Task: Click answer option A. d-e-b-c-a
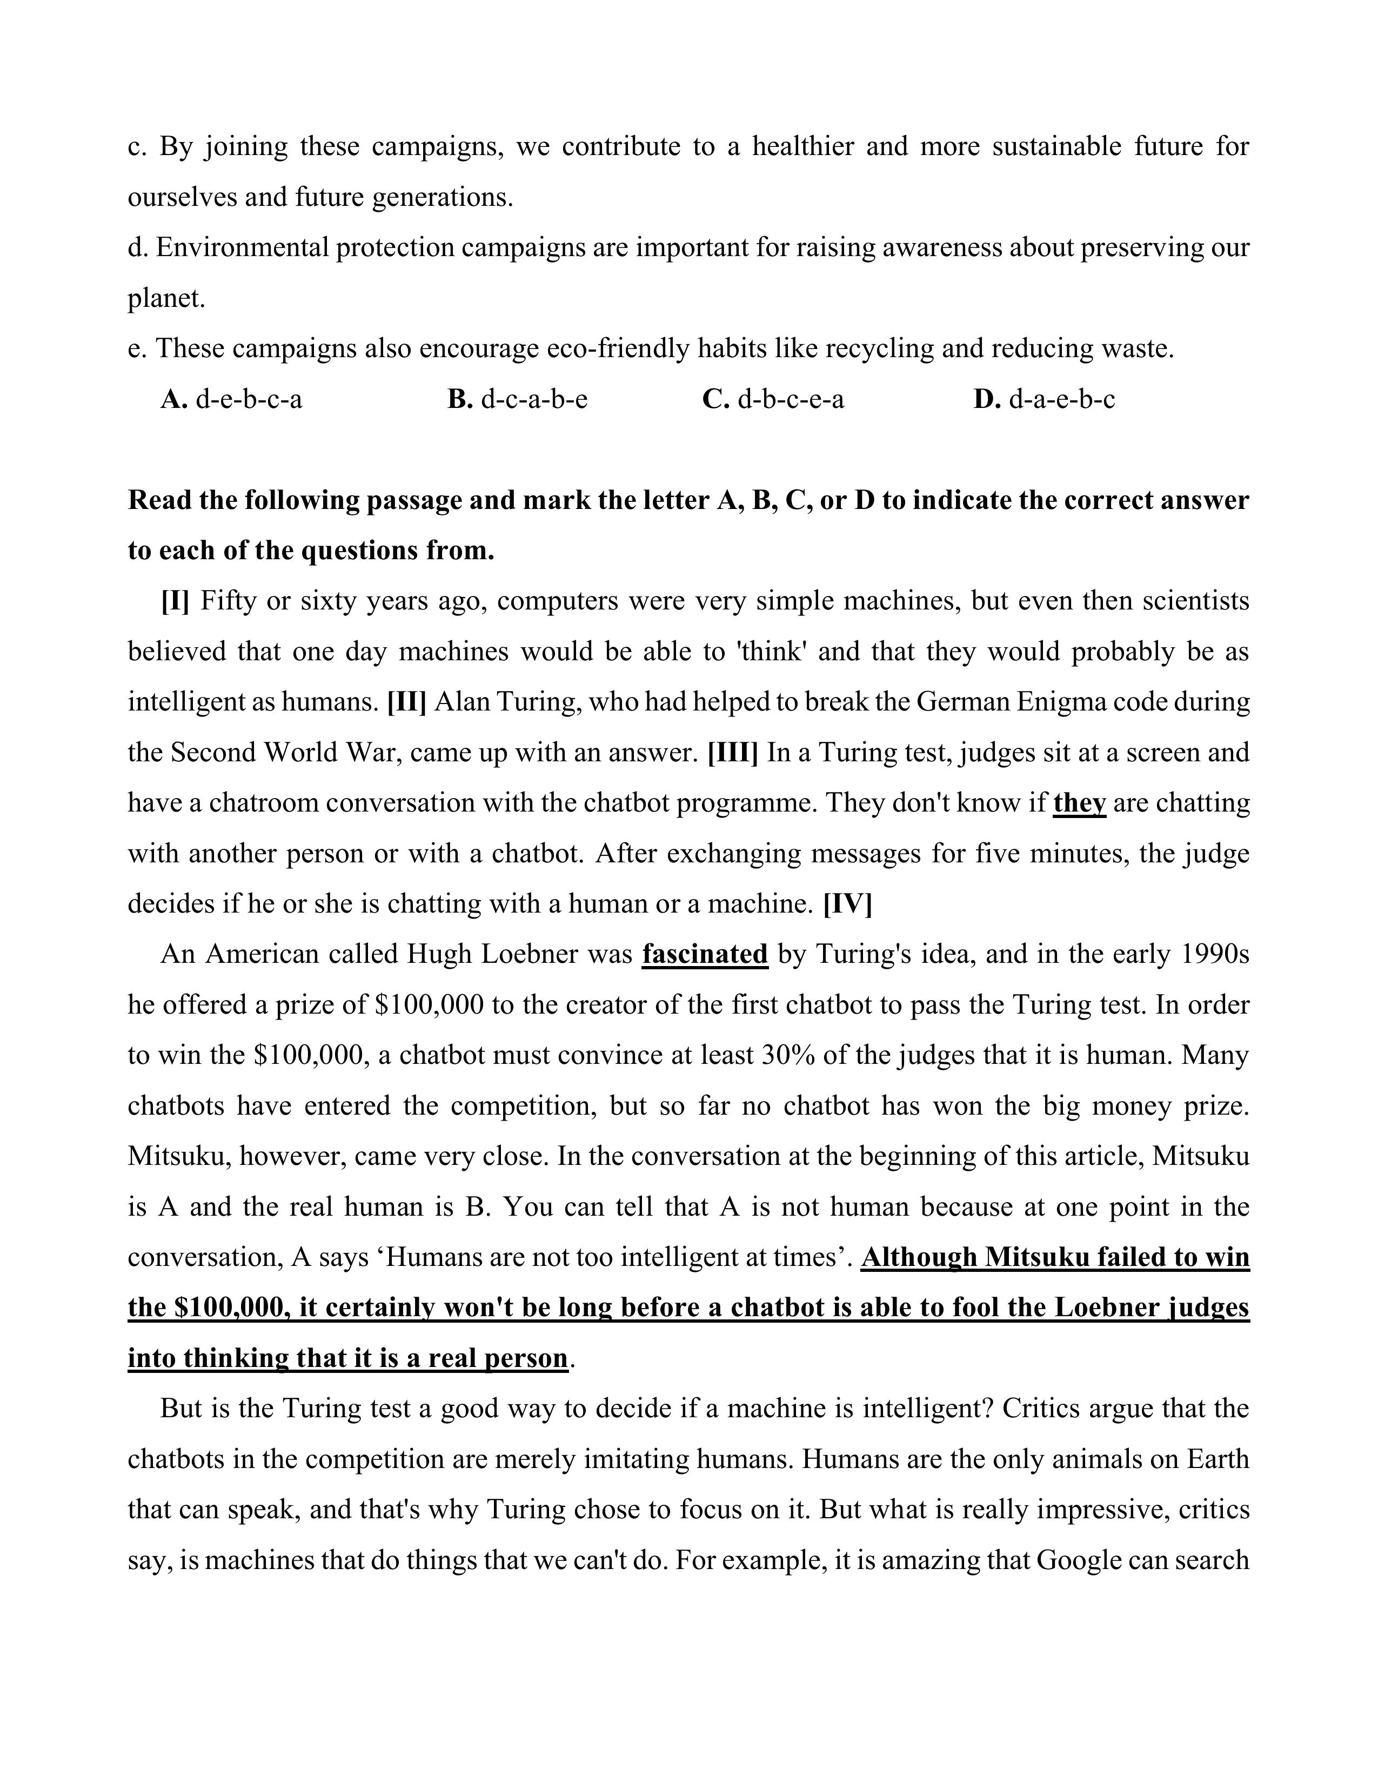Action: pyautogui.click(x=232, y=399)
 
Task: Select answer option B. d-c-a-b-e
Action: pyautogui.click(x=518, y=399)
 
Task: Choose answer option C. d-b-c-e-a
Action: pyautogui.click(x=773, y=399)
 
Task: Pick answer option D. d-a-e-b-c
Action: pyautogui.click(x=1044, y=399)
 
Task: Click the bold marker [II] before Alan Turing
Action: pyautogui.click(x=406, y=702)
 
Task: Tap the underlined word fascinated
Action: pyautogui.click(x=705, y=954)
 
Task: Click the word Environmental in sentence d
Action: pyautogui.click(x=243, y=247)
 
